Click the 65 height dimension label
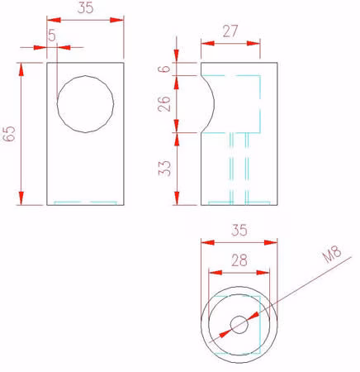pyautogui.click(x=9, y=134)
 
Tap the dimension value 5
pyautogui.click(x=52, y=35)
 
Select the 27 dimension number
pyautogui.click(x=230, y=31)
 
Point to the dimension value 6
pyautogui.click(x=164, y=69)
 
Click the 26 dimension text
pyautogui.click(x=164, y=103)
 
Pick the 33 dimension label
pyautogui.click(x=164, y=168)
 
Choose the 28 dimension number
pyautogui.click(x=239, y=260)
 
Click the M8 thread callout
pyautogui.click(x=332, y=254)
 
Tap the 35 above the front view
pyautogui.click(x=86, y=7)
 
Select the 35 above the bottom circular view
pyautogui.click(x=239, y=231)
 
